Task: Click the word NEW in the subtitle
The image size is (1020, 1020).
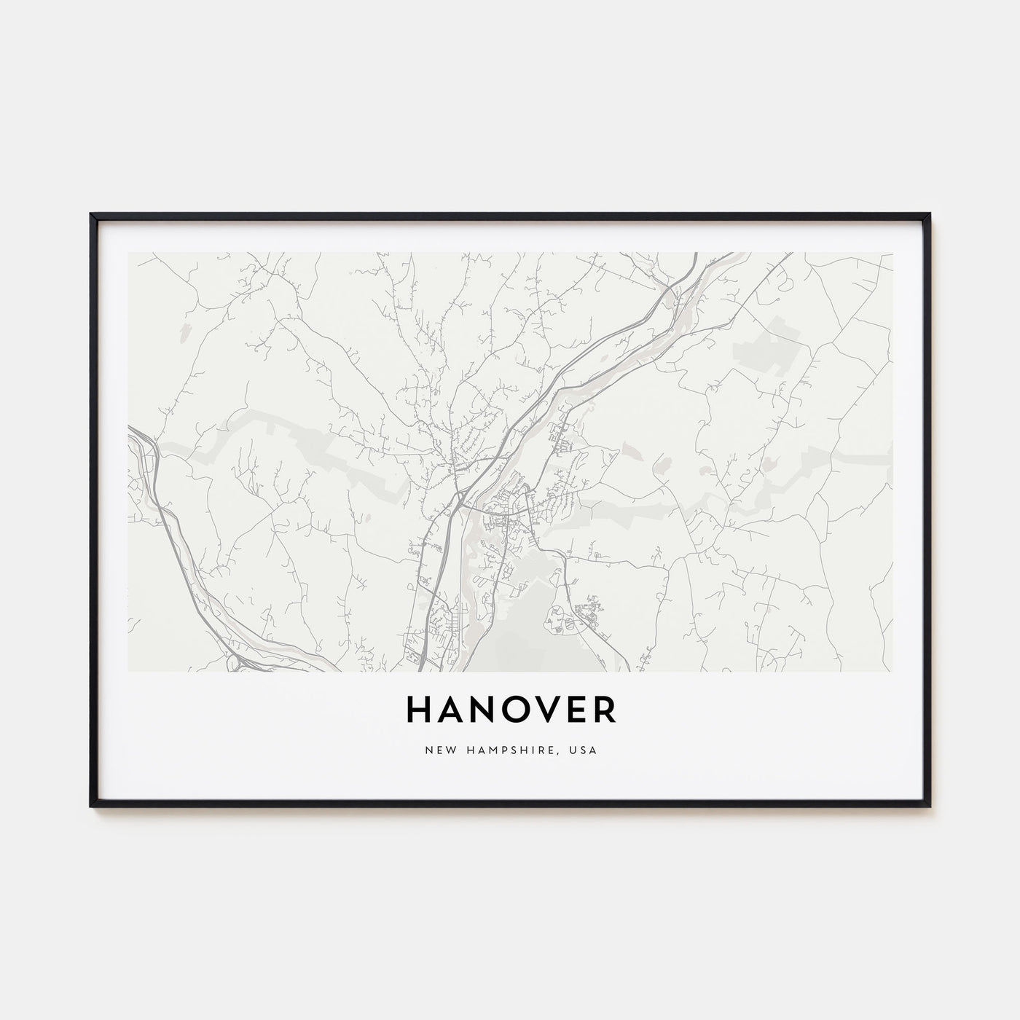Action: tap(436, 750)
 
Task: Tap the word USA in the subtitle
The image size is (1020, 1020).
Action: tap(584, 750)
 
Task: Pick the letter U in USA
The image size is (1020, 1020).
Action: tap(575, 750)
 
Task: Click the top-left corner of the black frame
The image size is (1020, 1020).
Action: tap(91, 214)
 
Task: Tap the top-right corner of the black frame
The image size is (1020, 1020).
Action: tap(930, 214)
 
